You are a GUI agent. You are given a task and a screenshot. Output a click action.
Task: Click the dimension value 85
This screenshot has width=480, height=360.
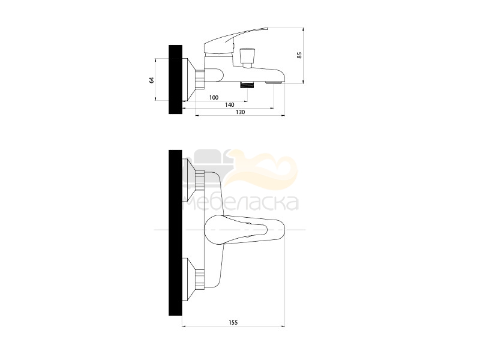tap(299, 55)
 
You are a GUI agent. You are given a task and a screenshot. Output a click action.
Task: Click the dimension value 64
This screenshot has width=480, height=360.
tap(152, 80)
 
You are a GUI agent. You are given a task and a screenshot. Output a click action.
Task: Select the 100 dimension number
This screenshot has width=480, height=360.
tap(214, 97)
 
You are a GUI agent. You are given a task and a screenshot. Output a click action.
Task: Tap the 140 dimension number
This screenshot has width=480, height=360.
tap(230, 104)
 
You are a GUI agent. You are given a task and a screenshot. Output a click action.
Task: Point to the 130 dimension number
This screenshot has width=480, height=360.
tap(241, 112)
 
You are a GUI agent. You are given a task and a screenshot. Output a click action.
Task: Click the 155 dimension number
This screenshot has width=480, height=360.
tap(233, 322)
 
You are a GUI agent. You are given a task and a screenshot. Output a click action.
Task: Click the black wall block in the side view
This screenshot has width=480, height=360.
tap(175, 80)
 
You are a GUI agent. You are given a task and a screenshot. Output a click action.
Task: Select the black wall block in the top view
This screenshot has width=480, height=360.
tap(175, 233)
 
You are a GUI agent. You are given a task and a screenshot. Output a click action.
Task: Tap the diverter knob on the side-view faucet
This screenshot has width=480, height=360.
tap(246, 58)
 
